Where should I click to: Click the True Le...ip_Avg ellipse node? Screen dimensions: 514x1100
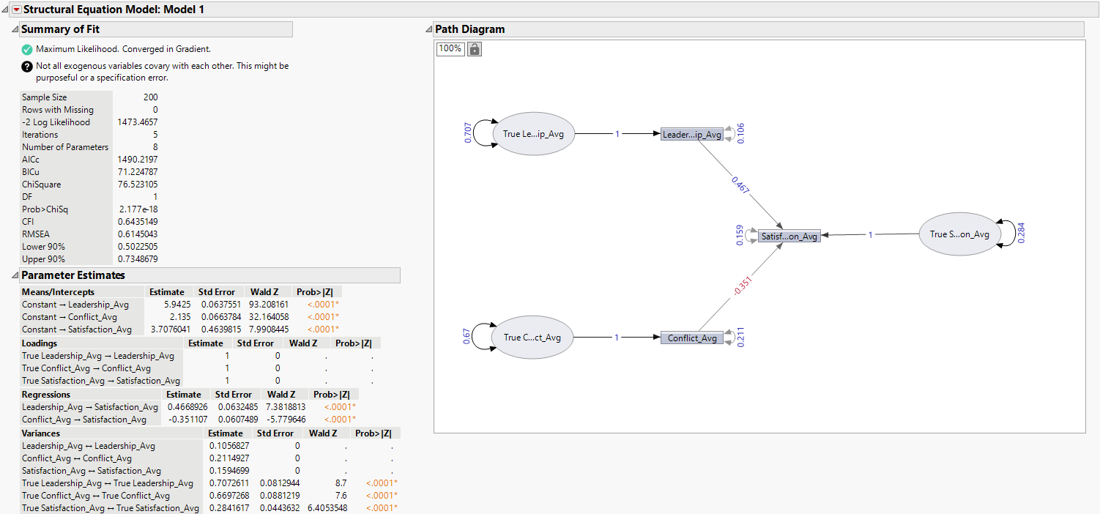tap(532, 134)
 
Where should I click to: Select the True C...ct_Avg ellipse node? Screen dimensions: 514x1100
tap(532, 338)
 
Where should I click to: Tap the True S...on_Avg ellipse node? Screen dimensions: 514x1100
tap(959, 234)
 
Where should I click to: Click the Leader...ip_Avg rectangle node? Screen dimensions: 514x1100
tap(691, 135)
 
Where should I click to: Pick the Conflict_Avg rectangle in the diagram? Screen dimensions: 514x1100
tap(691, 338)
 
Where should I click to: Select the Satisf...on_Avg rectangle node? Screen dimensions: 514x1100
tap(789, 236)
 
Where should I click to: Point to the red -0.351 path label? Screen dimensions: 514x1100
tap(743, 286)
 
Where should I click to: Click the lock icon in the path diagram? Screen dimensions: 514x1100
tap(475, 49)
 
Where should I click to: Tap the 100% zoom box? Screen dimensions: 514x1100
tap(450, 49)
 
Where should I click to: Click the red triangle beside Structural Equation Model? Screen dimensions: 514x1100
tap(17, 10)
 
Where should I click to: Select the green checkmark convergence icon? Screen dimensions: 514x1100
tap(27, 49)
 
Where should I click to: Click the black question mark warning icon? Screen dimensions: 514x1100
tap(27, 66)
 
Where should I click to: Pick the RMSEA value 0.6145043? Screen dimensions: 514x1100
tap(137, 234)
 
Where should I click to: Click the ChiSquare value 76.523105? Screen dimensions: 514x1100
tap(137, 185)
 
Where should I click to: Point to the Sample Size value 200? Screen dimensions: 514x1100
tap(150, 97)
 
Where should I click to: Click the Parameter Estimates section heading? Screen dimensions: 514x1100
tap(73, 275)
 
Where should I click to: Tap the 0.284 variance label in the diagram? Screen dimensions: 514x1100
tap(1021, 234)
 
